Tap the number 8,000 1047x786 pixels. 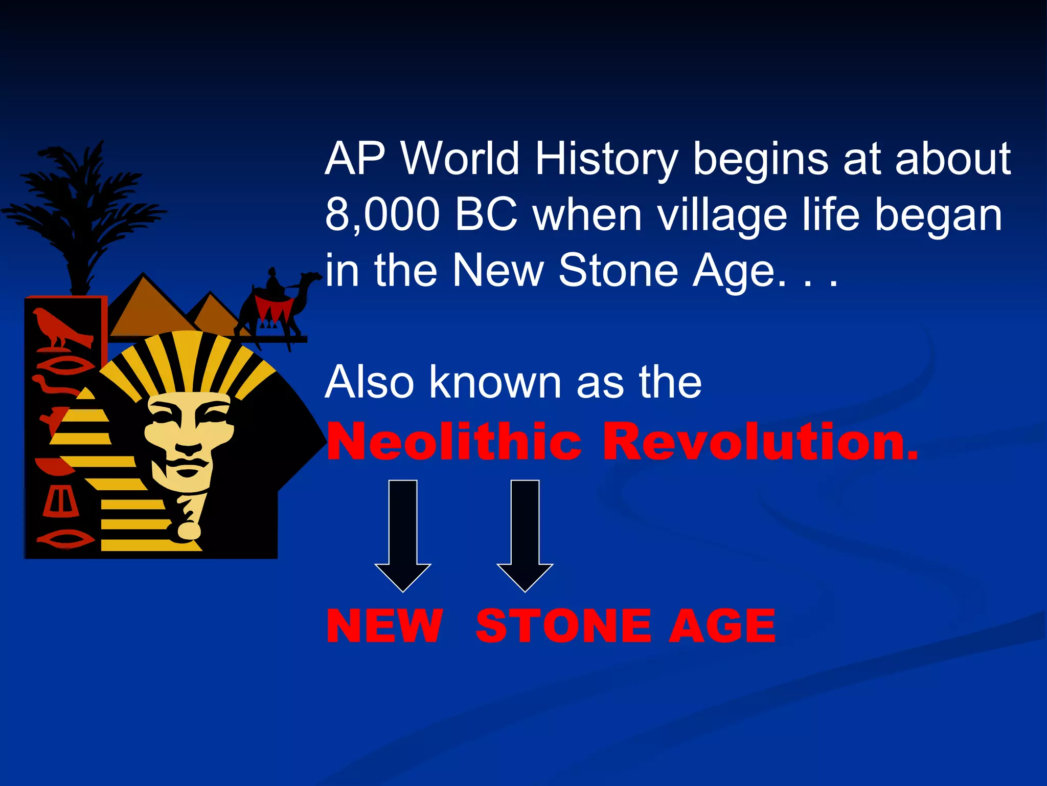pos(382,215)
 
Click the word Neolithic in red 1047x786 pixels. pos(454,441)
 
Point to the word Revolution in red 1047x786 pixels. pos(760,441)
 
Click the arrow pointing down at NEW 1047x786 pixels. pos(403,535)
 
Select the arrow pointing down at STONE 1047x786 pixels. pos(525,535)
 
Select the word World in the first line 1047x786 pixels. pos(460,159)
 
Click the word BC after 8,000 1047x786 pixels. pos(486,215)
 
